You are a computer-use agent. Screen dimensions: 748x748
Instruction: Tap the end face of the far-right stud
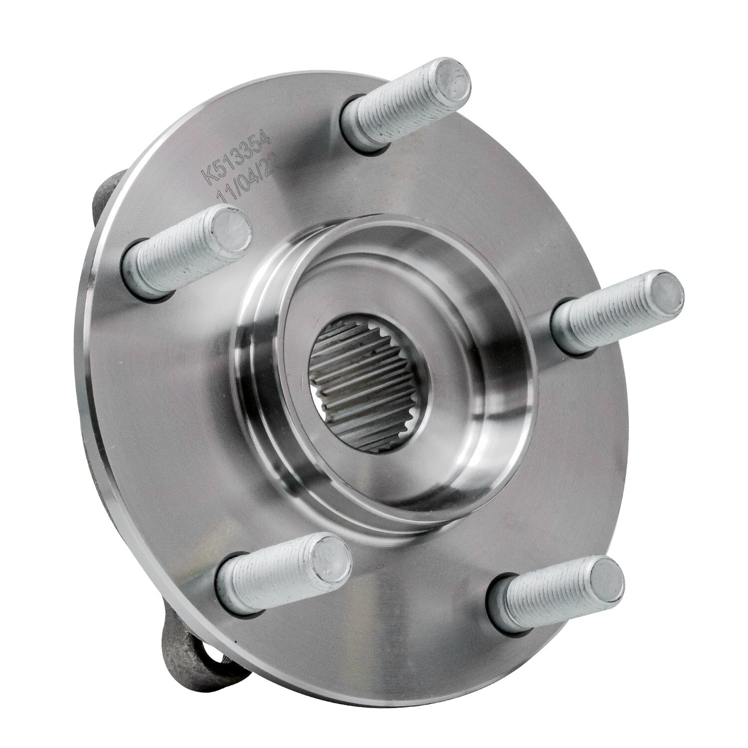(x=666, y=295)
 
